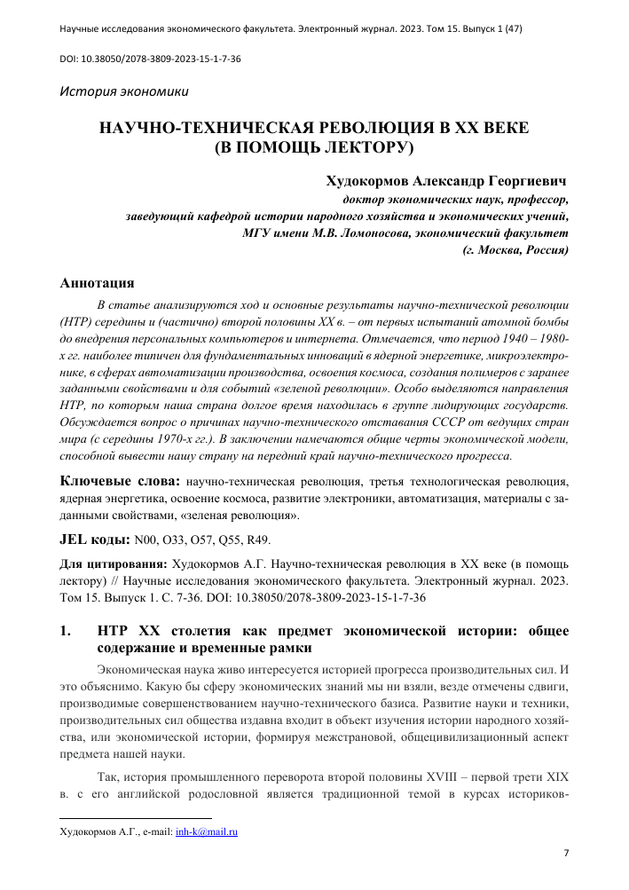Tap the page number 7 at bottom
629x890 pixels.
pos(566,854)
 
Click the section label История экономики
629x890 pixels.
pos(123,91)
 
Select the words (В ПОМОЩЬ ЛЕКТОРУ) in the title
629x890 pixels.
pos(315,147)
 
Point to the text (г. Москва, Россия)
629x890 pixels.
pos(515,250)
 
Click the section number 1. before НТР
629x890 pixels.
pos(64,631)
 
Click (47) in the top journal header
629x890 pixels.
pos(510,28)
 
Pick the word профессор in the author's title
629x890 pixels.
pos(531,200)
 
